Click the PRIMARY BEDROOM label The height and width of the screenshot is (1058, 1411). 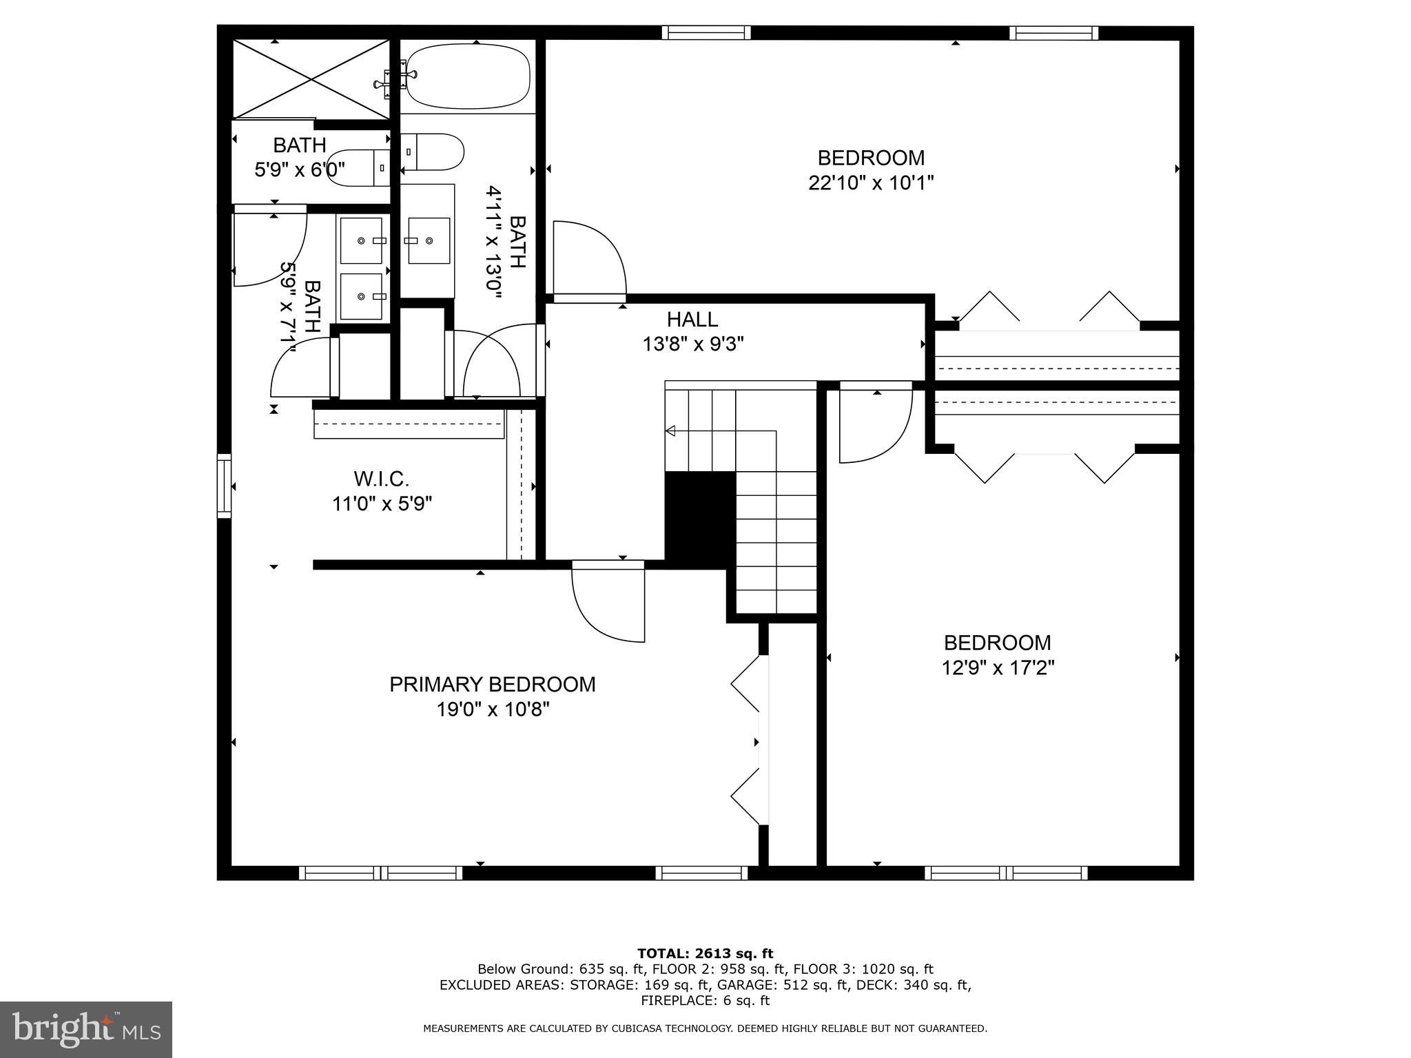[492, 684]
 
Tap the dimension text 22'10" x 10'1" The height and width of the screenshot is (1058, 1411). [871, 183]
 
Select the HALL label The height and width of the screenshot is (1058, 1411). [692, 319]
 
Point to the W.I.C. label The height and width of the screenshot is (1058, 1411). [381, 478]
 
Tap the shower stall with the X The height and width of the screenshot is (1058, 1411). [311, 79]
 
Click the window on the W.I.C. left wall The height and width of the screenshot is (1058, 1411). [224, 485]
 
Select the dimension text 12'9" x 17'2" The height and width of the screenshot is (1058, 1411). [998, 667]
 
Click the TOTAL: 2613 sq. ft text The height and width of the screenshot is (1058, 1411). [705, 953]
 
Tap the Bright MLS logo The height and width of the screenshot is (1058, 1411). [85, 1029]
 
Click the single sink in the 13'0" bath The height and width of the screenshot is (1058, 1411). [429, 240]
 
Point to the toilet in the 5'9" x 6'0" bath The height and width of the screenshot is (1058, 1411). [358, 167]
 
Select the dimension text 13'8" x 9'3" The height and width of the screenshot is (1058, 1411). [692, 344]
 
